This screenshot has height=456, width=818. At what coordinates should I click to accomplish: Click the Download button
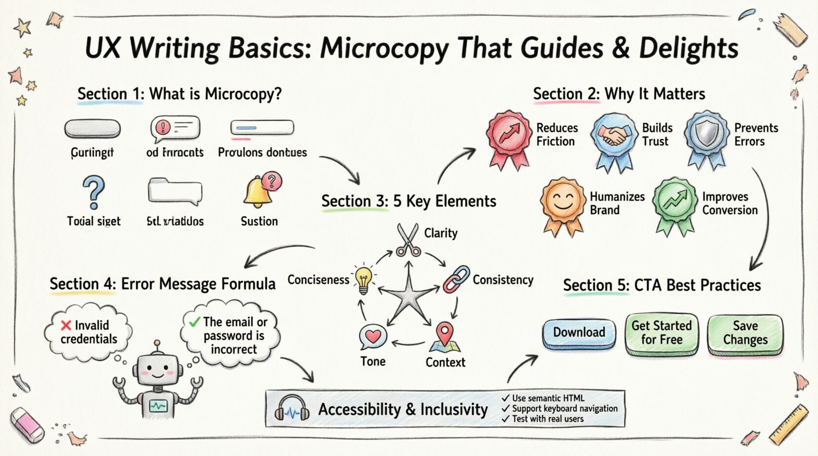click(579, 333)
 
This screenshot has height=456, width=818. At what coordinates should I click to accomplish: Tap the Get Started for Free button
click(661, 333)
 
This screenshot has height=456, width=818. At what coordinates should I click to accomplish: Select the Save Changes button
click(745, 333)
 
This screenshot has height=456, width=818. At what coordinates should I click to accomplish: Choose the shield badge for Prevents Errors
click(706, 133)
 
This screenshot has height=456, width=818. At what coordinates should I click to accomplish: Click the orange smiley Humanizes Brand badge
click(563, 202)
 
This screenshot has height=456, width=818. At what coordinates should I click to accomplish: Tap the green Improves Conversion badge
click(675, 201)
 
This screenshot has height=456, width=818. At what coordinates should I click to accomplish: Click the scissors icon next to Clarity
click(409, 240)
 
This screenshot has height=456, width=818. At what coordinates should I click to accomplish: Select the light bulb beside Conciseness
click(363, 280)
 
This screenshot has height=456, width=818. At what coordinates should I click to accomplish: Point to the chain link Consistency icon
click(457, 279)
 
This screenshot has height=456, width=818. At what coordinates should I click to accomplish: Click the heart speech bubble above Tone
click(373, 337)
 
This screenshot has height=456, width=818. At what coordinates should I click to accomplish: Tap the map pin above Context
click(445, 336)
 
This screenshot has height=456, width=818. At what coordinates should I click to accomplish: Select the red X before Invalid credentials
click(66, 325)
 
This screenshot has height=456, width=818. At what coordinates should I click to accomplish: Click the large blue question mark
click(93, 192)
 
